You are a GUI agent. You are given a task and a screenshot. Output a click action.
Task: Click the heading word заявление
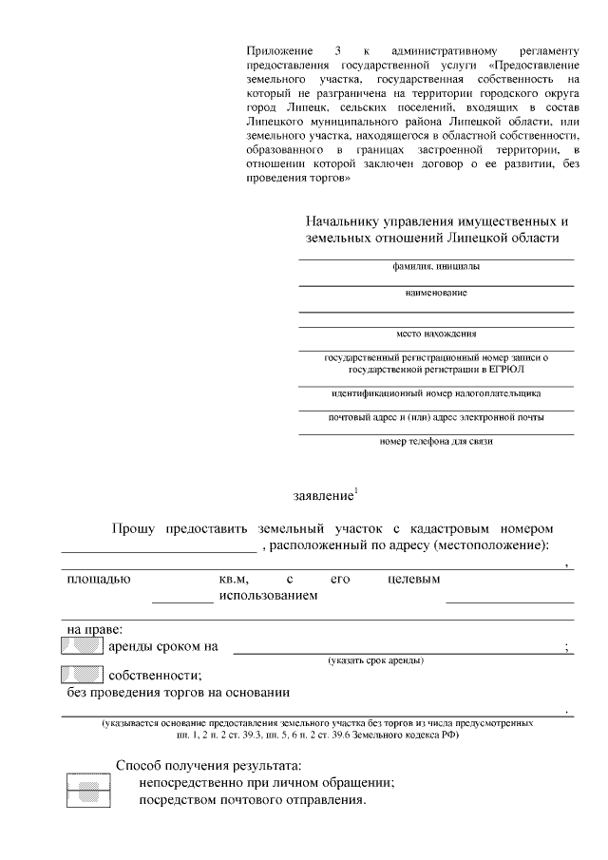click(x=322, y=495)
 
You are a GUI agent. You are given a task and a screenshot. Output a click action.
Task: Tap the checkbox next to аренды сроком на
click(x=82, y=647)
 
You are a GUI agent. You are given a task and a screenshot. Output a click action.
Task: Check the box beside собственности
click(x=82, y=676)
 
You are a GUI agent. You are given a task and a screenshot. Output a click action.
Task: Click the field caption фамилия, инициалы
click(x=436, y=267)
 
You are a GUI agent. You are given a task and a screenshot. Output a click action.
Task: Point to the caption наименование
click(x=436, y=293)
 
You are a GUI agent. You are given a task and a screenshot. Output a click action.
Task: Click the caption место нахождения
click(x=436, y=334)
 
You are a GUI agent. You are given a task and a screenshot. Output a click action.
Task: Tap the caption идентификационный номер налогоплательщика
click(x=436, y=392)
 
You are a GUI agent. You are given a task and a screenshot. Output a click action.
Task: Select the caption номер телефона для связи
click(x=436, y=441)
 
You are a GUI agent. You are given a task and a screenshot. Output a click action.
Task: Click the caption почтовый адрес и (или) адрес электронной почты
click(x=436, y=417)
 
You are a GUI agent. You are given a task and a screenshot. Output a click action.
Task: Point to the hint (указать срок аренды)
click(x=376, y=659)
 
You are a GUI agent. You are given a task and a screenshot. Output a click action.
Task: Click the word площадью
click(x=99, y=578)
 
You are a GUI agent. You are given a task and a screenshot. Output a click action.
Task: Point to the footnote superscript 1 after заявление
click(x=355, y=490)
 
